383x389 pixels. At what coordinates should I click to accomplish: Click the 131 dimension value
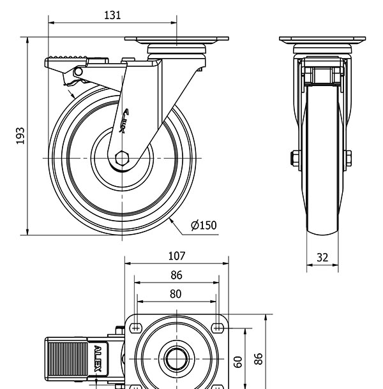[112, 15]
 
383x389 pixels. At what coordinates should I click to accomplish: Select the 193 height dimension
[20, 135]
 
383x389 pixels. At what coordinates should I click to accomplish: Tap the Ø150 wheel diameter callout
[204, 224]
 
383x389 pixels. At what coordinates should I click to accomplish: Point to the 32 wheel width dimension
[322, 258]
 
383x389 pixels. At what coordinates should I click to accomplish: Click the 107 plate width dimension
[176, 256]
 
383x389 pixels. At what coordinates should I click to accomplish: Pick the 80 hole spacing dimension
[176, 294]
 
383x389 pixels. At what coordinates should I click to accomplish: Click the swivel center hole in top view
[176, 359]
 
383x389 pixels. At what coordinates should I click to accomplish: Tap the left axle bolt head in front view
[295, 158]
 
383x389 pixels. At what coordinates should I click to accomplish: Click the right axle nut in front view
[348, 158]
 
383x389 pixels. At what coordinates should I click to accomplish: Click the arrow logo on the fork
[125, 119]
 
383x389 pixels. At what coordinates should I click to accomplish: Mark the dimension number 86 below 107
[176, 275]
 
